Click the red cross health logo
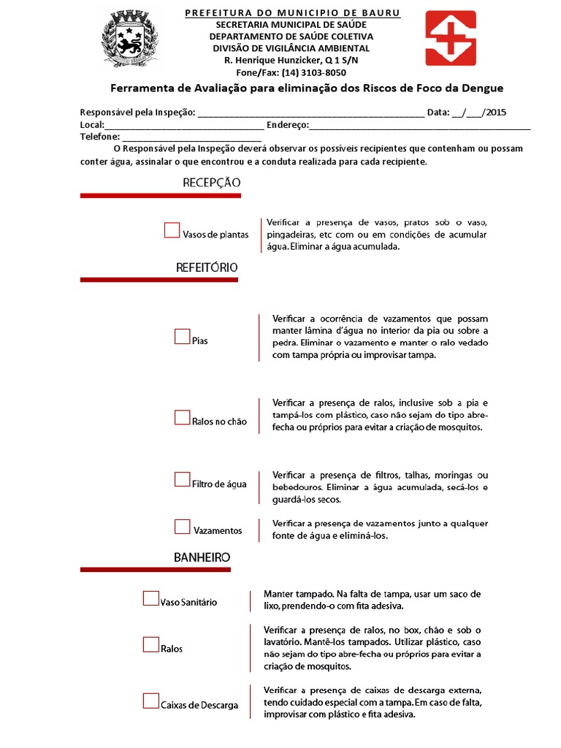pos(450,38)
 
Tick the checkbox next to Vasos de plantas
pos(172,231)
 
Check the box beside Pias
pos(182,337)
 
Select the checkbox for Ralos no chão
pos(182,418)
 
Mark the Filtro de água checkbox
pos(182,480)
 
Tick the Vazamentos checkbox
pos(182,527)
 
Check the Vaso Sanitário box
pos(150,599)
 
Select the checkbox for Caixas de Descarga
pos(150,702)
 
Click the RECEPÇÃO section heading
pos(211,183)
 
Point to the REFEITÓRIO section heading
pos(207,267)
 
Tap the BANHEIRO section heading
pos(202,557)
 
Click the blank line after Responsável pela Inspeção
pos(310,113)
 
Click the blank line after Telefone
pos(191,137)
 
